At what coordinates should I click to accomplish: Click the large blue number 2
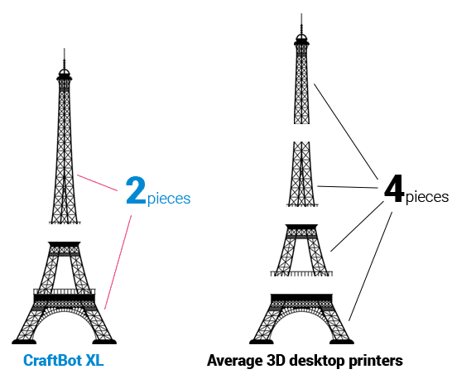pos(136,190)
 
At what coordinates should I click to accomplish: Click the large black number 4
pos(394,188)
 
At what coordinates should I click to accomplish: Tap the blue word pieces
pos(169,199)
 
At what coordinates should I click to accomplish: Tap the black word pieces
pos(427,197)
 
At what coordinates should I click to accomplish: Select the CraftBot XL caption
pos(64,360)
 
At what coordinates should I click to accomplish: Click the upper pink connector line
pos(98,183)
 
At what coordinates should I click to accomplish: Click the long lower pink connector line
pos(118,262)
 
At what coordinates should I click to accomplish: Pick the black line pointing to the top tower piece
pos(346,131)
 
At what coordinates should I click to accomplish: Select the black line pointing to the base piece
pos(370,266)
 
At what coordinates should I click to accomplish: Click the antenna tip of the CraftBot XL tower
pos(65,49)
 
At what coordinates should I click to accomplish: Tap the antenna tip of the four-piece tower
pos(301,14)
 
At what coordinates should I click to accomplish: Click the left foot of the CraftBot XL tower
pos(24,342)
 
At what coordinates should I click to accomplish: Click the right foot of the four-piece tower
pos(342,342)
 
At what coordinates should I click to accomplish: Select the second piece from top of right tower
pos(302,174)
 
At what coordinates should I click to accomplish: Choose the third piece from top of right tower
pos(301,250)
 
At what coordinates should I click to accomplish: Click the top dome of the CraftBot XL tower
pos(65,72)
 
